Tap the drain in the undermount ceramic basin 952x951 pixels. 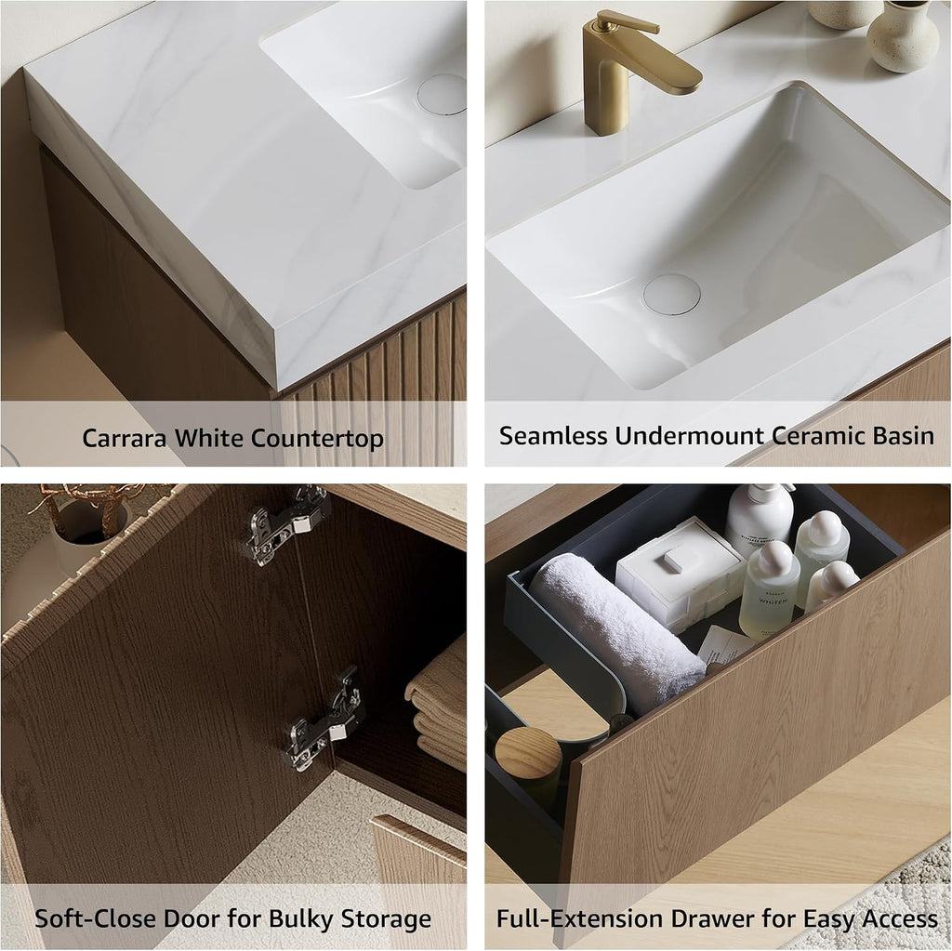pyautogui.click(x=671, y=294)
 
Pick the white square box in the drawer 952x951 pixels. pyautogui.click(x=679, y=571)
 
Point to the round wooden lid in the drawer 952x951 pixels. pyautogui.click(x=528, y=753)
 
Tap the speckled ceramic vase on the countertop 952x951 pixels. pyautogui.click(x=903, y=36)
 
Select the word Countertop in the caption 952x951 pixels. pyautogui.click(x=320, y=439)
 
